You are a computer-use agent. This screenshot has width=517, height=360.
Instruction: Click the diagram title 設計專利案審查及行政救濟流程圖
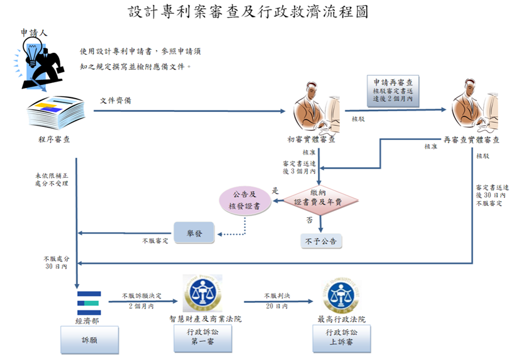tap(248, 12)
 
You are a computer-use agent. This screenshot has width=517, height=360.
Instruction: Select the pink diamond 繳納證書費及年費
tap(321, 197)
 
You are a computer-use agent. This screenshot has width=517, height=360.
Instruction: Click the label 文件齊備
tap(115, 101)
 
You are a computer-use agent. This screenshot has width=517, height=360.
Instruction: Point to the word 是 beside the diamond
tap(275, 190)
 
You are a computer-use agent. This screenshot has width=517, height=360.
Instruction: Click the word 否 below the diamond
tap(309, 221)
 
